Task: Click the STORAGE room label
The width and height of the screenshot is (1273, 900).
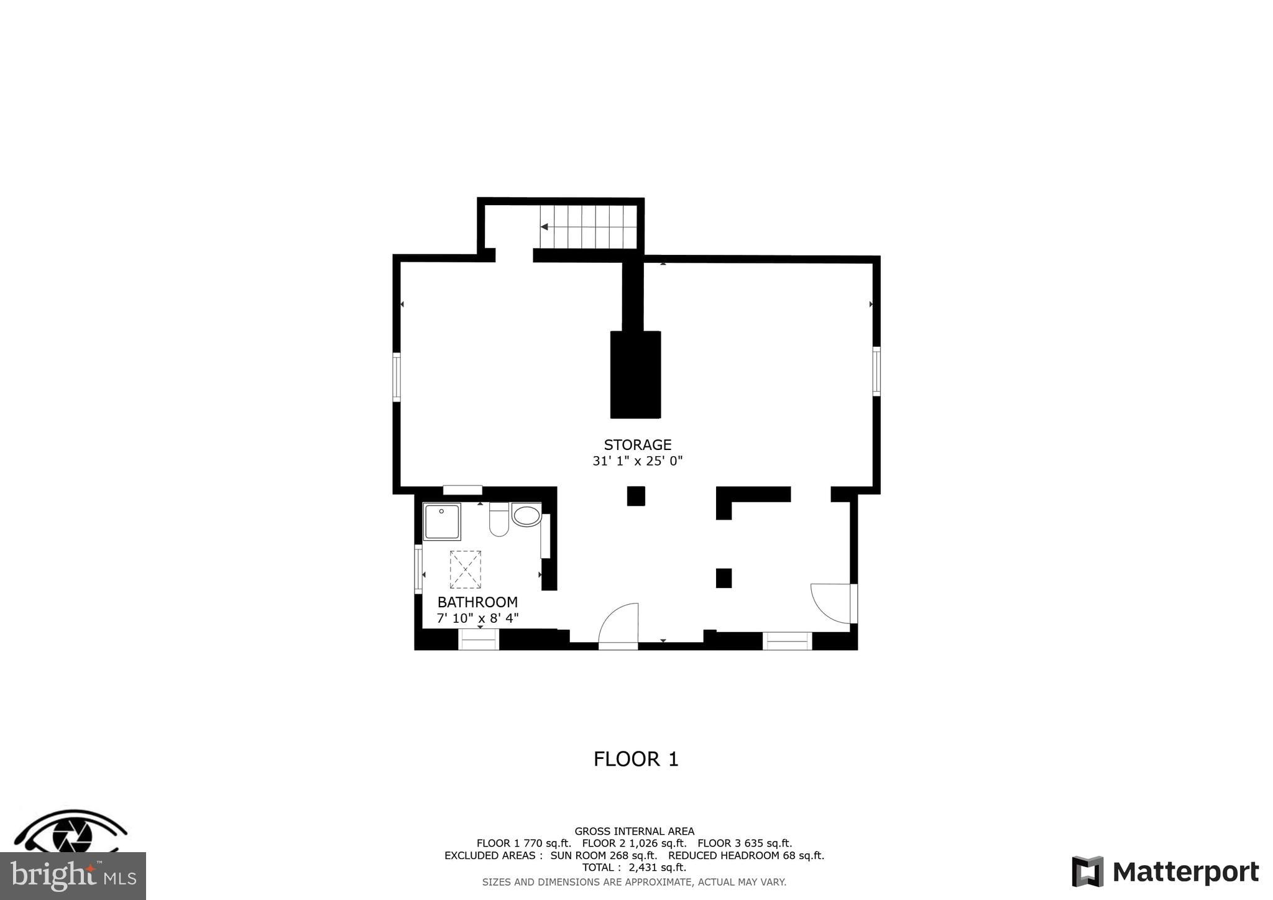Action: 637,445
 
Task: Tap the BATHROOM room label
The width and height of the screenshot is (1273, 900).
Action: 477,602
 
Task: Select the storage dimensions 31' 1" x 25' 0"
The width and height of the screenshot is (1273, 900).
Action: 637,461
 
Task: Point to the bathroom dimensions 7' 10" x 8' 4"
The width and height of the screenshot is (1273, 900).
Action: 477,618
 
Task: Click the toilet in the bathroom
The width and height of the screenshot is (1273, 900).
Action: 499,520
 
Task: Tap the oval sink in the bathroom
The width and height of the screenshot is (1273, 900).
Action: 526,515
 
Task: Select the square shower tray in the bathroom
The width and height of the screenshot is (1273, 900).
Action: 442,522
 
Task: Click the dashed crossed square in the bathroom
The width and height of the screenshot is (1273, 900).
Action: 465,569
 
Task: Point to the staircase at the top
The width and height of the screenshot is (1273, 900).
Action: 589,227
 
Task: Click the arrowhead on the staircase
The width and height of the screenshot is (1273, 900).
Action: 545,227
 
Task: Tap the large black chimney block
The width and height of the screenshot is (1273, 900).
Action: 635,374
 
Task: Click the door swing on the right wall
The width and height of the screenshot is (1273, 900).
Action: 832,602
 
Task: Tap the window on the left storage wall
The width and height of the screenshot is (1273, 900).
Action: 397,377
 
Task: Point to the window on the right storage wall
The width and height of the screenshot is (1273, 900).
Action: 876,371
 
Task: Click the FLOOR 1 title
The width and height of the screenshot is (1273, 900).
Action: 636,760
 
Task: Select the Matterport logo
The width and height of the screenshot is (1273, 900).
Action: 1165,872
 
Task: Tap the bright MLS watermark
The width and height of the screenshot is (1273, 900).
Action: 73,876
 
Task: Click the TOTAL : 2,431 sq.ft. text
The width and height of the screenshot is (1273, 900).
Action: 634,868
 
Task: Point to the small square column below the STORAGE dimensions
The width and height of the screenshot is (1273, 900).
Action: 636,496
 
